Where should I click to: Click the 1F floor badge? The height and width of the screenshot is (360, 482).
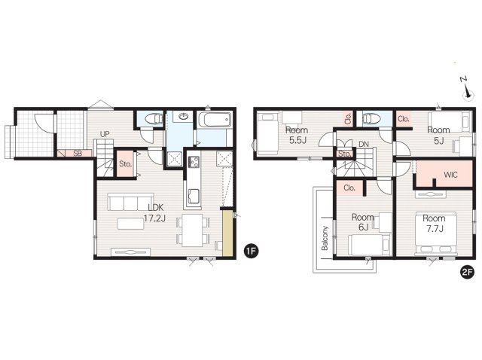tap(251, 251)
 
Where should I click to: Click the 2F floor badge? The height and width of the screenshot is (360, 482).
tap(467, 273)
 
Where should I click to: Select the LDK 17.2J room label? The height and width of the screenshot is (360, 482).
tap(155, 212)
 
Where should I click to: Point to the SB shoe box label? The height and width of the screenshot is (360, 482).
tap(78, 153)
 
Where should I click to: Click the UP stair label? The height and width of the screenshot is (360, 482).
tap(105, 134)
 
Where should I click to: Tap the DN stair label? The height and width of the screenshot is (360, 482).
tap(363, 144)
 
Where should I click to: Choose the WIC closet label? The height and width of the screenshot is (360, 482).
tap(450, 175)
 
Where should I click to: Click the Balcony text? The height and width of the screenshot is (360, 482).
tap(325, 238)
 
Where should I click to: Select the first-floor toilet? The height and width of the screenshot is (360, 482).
tap(154, 119)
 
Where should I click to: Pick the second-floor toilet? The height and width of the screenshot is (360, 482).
tap(371, 118)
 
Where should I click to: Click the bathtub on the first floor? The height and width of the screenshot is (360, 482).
tap(215, 119)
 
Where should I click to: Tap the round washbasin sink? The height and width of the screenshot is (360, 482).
tap(184, 116)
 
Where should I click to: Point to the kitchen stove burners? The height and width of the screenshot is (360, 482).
tap(194, 162)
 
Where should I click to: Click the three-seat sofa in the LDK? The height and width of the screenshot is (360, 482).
tap(130, 202)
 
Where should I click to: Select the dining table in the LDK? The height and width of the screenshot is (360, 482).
tap(193, 230)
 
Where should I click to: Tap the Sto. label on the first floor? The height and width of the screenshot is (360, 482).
tap(126, 164)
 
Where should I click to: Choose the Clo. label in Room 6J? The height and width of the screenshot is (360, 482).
tap(349, 188)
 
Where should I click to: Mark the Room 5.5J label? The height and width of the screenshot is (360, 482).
tap(297, 135)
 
